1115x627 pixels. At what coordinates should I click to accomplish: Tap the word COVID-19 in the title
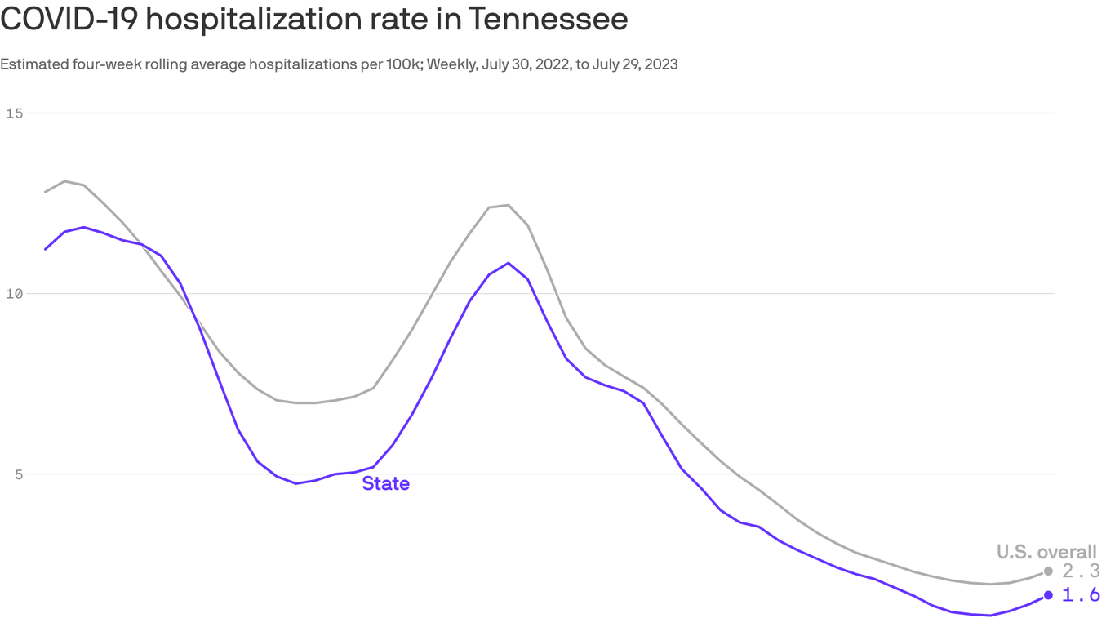pos(68,19)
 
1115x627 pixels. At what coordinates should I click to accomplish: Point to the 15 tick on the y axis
pos(14,113)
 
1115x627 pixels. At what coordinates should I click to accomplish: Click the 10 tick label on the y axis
pos(14,293)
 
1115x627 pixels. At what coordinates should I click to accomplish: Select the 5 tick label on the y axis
pos(18,474)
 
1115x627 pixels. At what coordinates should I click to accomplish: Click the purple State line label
pos(385,483)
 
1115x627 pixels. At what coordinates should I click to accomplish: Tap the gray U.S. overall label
pos(1046,552)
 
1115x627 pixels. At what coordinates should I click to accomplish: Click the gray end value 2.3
pos(1081,571)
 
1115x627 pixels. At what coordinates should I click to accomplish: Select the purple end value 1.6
pos(1081,595)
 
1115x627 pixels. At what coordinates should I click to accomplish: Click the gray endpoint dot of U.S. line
pos(1048,571)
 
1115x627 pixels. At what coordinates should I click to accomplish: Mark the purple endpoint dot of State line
pos(1048,595)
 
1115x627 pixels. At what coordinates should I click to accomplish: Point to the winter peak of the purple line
pos(509,263)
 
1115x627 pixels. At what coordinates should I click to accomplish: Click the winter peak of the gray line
pos(509,205)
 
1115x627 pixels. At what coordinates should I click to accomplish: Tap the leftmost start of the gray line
pos(45,192)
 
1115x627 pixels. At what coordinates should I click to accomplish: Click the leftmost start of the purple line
pos(45,249)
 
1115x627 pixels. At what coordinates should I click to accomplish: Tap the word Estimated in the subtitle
pos(32,64)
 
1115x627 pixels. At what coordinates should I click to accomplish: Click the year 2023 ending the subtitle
pos(661,64)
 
